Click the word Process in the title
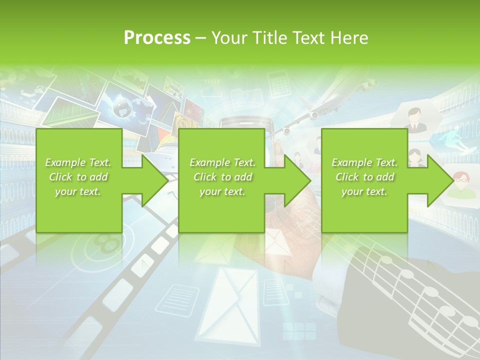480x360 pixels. [x=157, y=38]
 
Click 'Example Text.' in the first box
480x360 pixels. [x=78, y=162]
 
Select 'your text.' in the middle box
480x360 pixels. [x=222, y=191]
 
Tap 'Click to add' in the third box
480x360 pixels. [x=364, y=177]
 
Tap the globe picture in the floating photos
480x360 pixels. [x=122, y=106]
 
